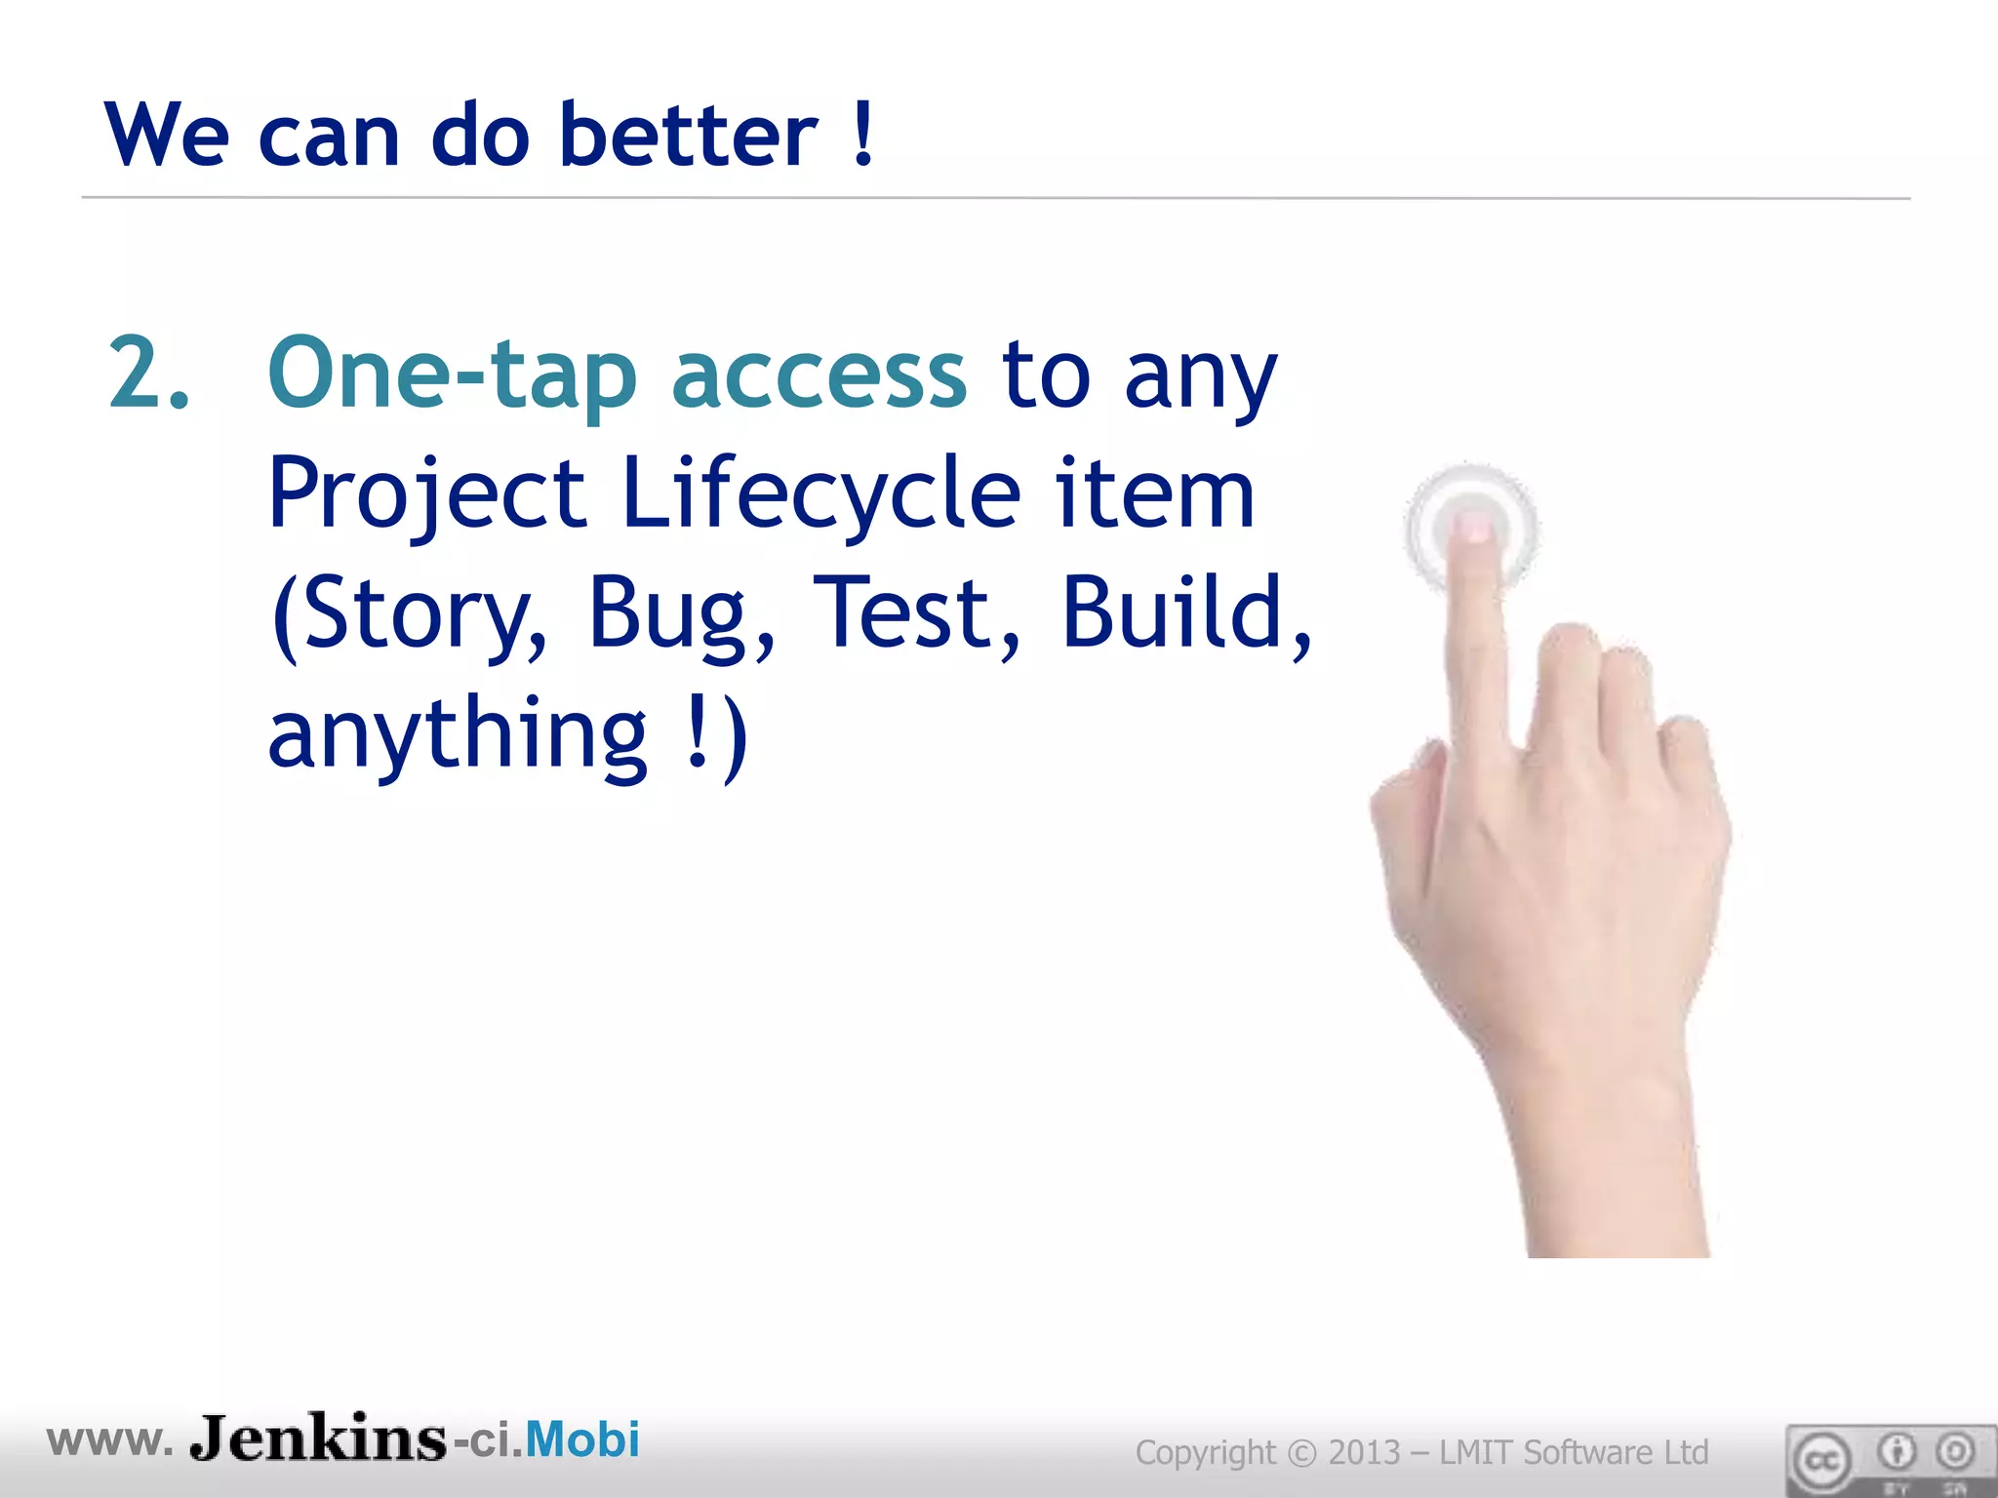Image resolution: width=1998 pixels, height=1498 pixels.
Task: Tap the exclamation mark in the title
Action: (862, 135)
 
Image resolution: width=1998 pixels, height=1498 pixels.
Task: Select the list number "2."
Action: (148, 374)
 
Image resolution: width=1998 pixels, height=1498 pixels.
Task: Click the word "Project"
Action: (427, 495)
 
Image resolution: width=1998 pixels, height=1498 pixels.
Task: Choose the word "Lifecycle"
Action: (820, 493)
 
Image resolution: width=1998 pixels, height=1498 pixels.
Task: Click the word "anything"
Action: (458, 733)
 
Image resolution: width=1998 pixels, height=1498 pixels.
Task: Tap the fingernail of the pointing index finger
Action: (1471, 530)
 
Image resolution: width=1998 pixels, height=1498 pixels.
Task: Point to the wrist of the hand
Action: (1610, 1170)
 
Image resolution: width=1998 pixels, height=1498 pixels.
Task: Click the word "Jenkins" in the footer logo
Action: (318, 1439)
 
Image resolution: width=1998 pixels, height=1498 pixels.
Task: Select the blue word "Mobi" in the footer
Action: (582, 1439)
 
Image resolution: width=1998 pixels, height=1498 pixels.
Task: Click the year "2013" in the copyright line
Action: (1365, 1452)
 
